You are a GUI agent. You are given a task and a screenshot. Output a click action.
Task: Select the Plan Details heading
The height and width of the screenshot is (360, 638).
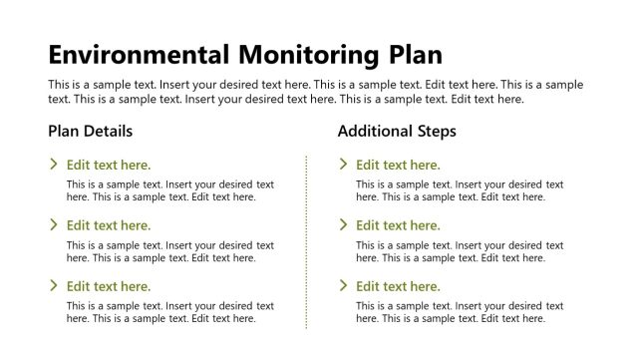90,131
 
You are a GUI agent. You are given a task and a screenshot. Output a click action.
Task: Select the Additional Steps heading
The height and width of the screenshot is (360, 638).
397,131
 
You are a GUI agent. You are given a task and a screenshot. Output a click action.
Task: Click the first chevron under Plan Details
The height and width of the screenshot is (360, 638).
54,165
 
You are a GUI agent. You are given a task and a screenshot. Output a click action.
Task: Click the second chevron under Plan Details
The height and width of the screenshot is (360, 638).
54,225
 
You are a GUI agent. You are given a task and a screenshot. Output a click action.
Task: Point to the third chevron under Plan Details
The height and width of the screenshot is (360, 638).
54,286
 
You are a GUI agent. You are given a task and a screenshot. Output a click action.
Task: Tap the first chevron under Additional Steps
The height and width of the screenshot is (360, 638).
343,165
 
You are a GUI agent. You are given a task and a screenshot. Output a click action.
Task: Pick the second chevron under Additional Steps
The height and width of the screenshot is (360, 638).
343,225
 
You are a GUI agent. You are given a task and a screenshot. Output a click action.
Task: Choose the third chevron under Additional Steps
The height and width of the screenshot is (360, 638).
343,286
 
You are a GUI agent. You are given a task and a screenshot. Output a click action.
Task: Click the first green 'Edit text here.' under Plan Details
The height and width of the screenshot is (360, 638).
109,166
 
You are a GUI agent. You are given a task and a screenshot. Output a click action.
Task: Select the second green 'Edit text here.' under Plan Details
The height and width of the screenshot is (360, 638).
109,226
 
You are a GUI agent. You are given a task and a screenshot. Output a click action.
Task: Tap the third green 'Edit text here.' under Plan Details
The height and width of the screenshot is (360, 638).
109,287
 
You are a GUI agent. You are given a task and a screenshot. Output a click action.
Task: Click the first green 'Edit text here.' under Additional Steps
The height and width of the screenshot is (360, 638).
398,166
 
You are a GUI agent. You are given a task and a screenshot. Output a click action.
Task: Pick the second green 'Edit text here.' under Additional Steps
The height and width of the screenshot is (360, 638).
398,226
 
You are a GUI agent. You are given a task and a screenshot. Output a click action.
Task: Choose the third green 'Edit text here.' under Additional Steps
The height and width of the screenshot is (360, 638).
398,287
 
